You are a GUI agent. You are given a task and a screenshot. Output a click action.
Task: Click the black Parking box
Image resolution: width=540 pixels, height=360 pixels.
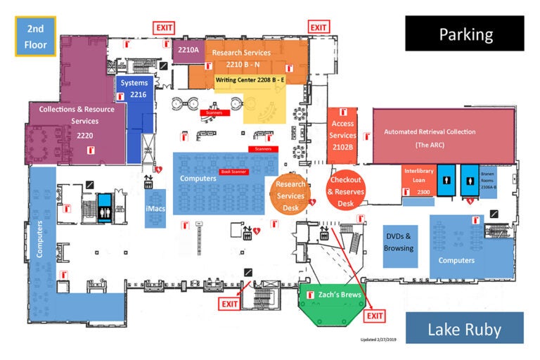click(464, 33)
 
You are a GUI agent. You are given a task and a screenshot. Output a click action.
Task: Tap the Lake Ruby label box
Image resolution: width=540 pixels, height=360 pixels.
click(464, 328)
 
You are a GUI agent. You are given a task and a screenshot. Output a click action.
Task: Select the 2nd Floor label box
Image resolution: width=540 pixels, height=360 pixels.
click(36, 37)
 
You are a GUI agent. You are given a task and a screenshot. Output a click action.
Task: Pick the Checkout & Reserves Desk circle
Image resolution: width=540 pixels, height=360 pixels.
click(345, 189)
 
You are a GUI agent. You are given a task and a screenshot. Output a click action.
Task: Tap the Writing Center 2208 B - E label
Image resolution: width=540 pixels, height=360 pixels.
click(250, 80)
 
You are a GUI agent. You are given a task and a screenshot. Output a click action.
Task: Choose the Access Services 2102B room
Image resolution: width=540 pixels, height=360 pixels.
click(343, 136)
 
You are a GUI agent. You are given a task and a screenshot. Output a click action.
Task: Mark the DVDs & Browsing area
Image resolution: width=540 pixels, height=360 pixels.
click(399, 243)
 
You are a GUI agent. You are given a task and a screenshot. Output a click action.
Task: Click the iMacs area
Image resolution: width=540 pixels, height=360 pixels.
click(155, 209)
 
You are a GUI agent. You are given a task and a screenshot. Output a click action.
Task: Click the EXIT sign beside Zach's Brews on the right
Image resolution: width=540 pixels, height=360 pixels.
click(375, 316)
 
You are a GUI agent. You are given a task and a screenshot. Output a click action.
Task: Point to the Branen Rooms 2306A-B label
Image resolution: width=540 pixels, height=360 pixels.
click(489, 179)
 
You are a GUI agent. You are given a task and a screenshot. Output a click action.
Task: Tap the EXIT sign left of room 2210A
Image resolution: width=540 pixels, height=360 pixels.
click(165, 27)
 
